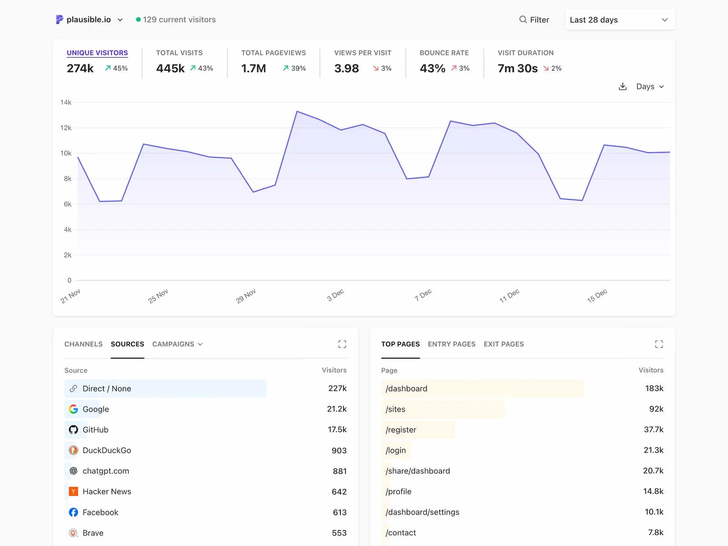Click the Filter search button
point(534,20)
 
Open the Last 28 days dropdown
point(619,20)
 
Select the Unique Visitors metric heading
point(97,53)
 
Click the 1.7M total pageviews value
point(253,68)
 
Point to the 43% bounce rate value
point(432,68)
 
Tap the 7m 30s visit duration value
point(517,68)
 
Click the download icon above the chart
point(622,86)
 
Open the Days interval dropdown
point(650,86)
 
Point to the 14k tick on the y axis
point(66,102)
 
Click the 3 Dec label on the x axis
point(335,295)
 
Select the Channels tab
point(83,344)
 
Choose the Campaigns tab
point(177,344)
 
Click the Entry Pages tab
point(451,344)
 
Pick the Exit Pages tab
point(503,344)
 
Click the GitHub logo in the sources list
point(73,430)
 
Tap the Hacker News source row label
point(106,491)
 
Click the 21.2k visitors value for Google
point(336,409)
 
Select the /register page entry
point(401,430)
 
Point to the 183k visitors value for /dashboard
point(654,388)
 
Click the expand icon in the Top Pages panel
point(658,344)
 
